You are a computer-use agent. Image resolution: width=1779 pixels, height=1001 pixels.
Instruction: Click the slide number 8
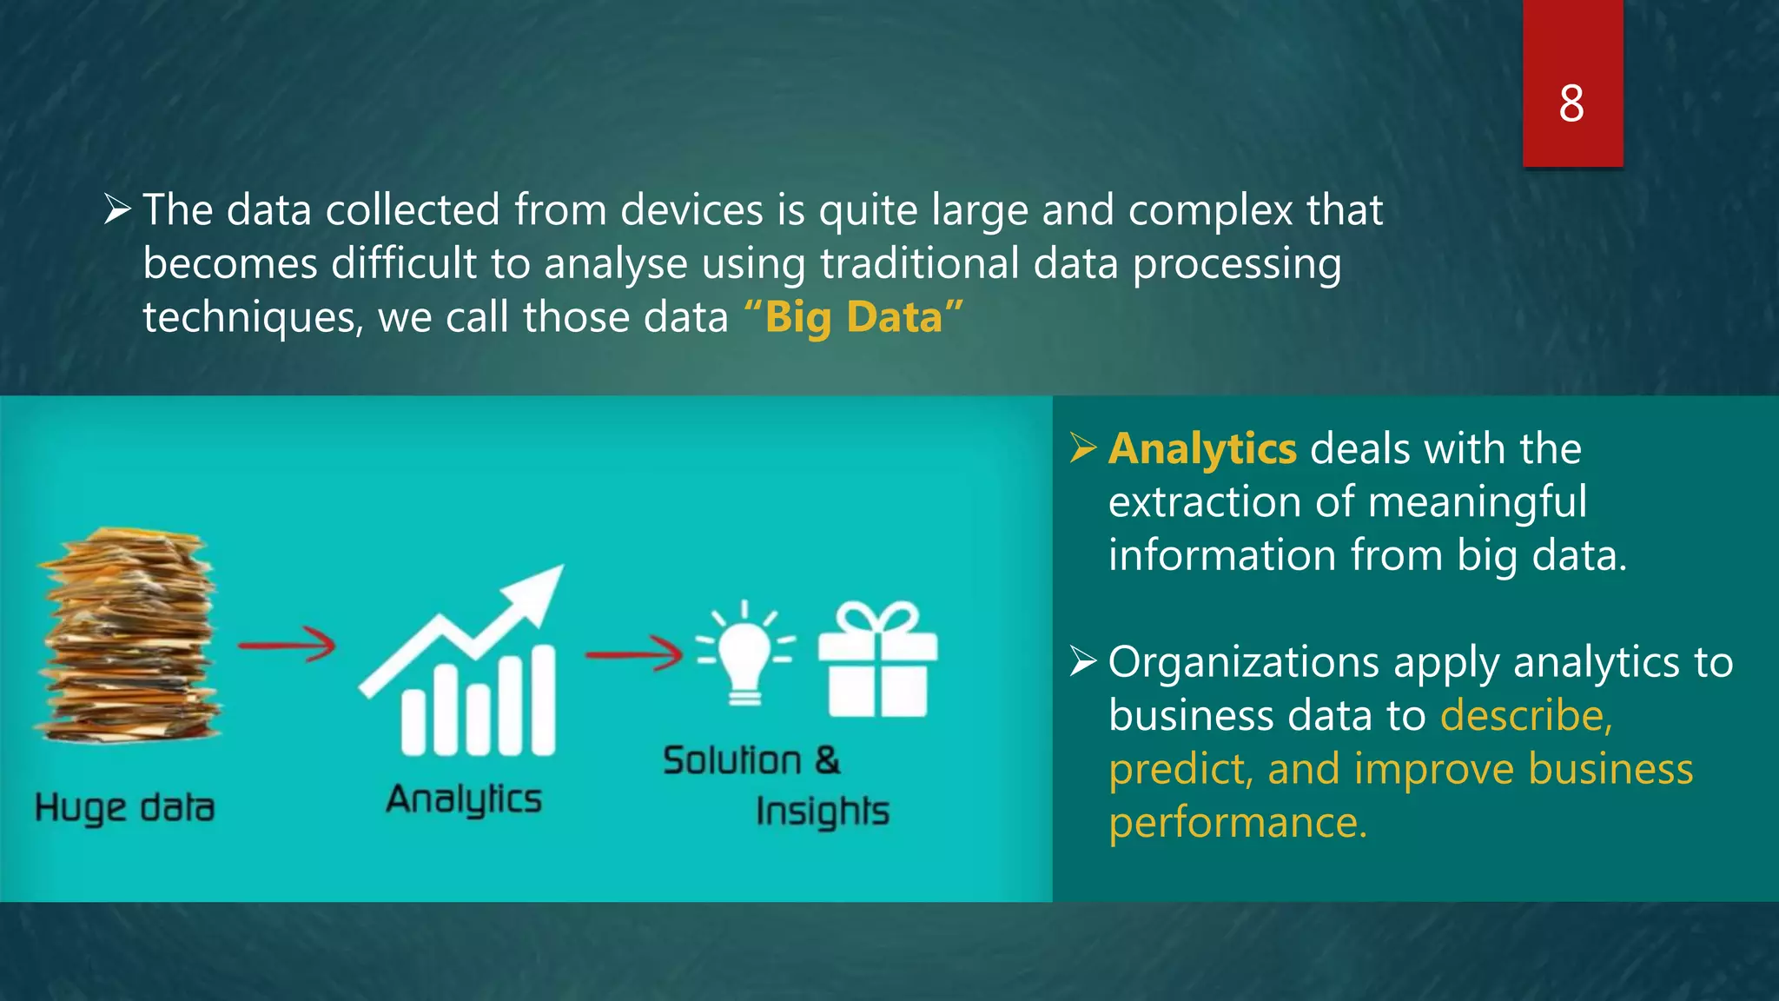click(x=1571, y=104)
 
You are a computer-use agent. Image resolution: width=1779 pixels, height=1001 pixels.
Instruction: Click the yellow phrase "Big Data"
click(x=854, y=317)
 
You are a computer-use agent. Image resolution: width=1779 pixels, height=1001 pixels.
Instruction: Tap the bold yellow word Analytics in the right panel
click(x=1202, y=449)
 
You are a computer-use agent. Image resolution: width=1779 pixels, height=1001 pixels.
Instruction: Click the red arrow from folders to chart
click(x=287, y=646)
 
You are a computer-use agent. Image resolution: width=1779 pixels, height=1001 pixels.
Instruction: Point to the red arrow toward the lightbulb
click(x=634, y=653)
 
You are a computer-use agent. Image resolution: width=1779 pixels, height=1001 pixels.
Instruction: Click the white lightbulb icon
click(x=744, y=653)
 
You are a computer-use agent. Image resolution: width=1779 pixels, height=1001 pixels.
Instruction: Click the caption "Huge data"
click(x=124, y=807)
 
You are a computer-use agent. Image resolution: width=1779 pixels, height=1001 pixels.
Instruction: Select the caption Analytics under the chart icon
click(x=464, y=799)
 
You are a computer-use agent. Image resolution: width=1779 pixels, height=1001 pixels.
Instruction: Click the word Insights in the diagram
click(x=822, y=812)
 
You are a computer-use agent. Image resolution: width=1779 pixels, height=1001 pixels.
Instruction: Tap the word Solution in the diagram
click(x=732, y=760)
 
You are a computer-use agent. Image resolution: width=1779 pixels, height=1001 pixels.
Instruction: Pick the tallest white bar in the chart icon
click(x=543, y=700)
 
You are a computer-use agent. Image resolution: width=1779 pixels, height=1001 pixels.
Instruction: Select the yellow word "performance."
click(x=1238, y=822)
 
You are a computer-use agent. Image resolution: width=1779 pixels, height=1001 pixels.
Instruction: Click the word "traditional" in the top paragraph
click(x=919, y=263)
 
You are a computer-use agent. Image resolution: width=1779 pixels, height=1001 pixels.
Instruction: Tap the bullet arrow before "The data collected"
click(x=116, y=209)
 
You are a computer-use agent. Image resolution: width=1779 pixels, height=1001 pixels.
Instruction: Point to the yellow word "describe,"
click(x=1526, y=716)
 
